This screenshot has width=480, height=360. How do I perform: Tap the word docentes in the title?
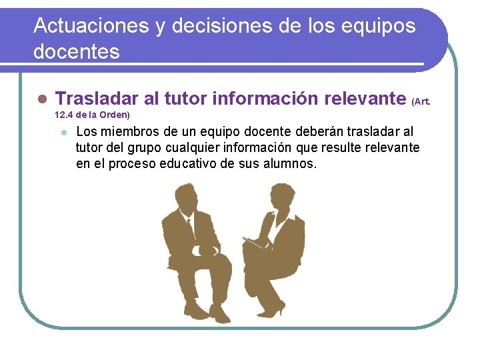(x=77, y=51)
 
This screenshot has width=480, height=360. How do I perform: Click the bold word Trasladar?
(x=97, y=99)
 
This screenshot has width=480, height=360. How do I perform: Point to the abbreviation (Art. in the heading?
(x=421, y=101)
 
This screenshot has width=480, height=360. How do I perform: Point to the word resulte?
(x=348, y=147)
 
